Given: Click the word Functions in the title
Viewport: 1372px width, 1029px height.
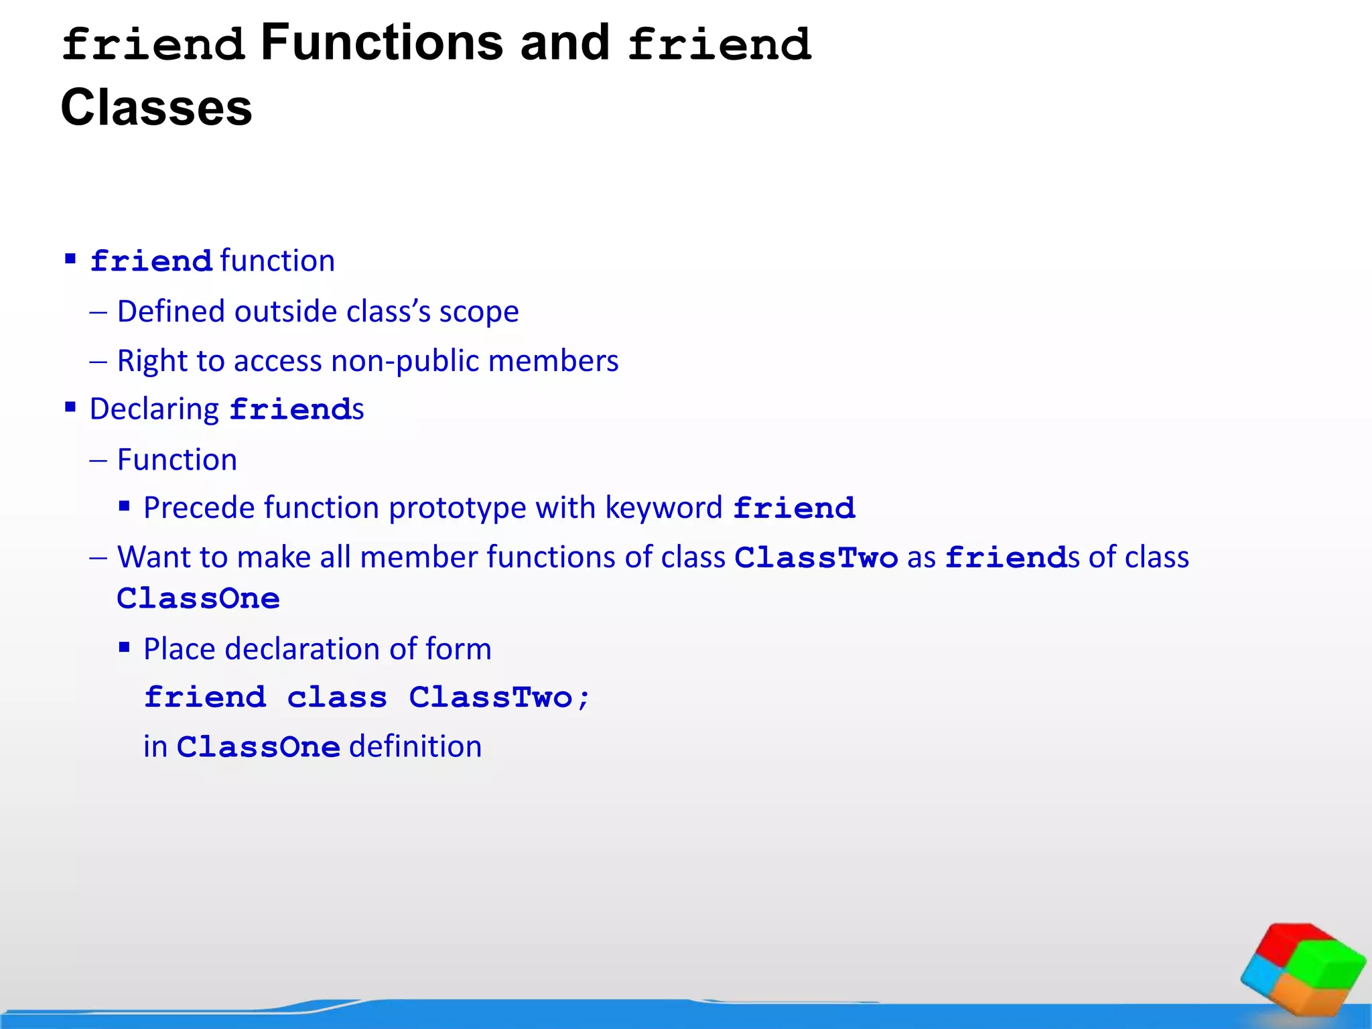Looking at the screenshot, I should coord(381,43).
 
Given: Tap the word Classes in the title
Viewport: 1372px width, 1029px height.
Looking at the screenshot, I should coord(157,107).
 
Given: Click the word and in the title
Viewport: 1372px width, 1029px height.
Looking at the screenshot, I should coord(565,43).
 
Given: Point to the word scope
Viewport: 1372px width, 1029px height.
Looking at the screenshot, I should coord(479,312).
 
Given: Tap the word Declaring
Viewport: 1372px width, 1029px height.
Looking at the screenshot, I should coord(154,409).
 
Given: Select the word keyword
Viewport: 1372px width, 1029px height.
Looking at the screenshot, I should coord(664,508).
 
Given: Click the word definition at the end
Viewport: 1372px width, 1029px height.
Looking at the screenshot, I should coord(415,747).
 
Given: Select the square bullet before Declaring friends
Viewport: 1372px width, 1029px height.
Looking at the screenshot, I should coord(70,407).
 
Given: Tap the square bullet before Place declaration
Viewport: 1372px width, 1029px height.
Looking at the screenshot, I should coord(124,647).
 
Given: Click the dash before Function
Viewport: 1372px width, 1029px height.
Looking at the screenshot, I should coord(98,461).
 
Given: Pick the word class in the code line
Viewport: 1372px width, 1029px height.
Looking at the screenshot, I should coord(337,698).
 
